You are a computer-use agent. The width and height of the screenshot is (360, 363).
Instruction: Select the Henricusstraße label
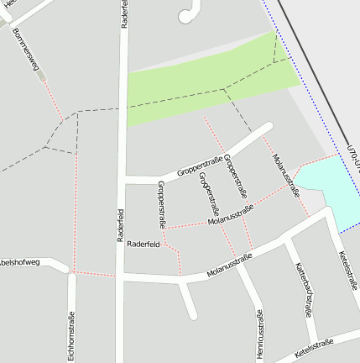[x=259, y=334]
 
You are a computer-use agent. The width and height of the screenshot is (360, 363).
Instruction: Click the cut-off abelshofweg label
[x=20, y=262]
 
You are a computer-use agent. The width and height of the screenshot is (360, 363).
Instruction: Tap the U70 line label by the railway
[x=353, y=157]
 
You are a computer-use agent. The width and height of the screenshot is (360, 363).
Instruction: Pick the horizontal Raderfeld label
[x=143, y=245]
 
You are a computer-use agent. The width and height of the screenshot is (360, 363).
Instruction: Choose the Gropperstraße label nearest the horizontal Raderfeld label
[x=161, y=205]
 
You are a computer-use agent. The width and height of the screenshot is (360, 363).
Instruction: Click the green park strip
[x=210, y=85]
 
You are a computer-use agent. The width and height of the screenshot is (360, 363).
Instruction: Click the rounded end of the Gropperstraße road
[x=268, y=128]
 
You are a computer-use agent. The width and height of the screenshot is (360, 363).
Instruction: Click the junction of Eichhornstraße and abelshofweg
[x=71, y=272]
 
